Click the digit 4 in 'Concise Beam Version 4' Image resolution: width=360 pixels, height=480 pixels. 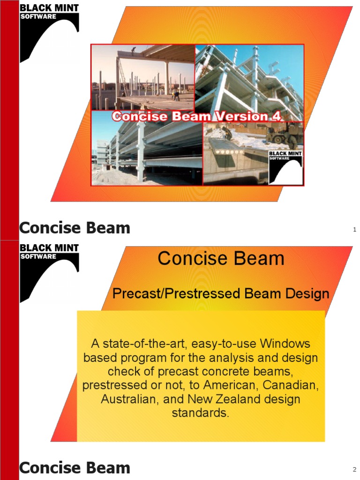pyautogui.click(x=277, y=117)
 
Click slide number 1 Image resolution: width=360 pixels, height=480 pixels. pyautogui.click(x=354, y=229)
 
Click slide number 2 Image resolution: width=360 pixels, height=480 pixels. pyautogui.click(x=354, y=469)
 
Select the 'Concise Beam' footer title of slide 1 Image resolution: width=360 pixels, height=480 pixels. pyautogui.click(x=75, y=228)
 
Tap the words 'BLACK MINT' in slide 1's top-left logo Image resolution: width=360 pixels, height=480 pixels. pyautogui.click(x=49, y=7)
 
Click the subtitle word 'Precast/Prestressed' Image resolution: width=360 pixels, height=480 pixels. pyautogui.click(x=177, y=294)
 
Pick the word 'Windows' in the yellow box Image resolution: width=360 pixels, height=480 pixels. pyautogui.click(x=285, y=344)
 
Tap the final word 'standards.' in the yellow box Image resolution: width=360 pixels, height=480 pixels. pyautogui.click(x=201, y=414)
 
